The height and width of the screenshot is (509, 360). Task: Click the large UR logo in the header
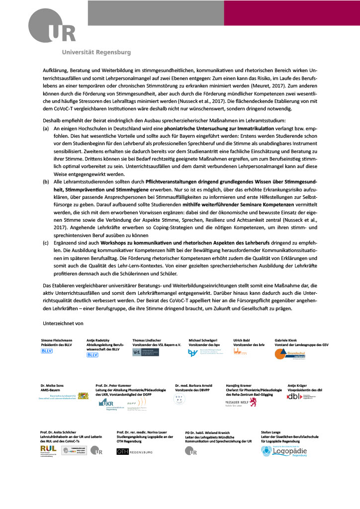52,27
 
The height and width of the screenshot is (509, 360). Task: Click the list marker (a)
46,128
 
